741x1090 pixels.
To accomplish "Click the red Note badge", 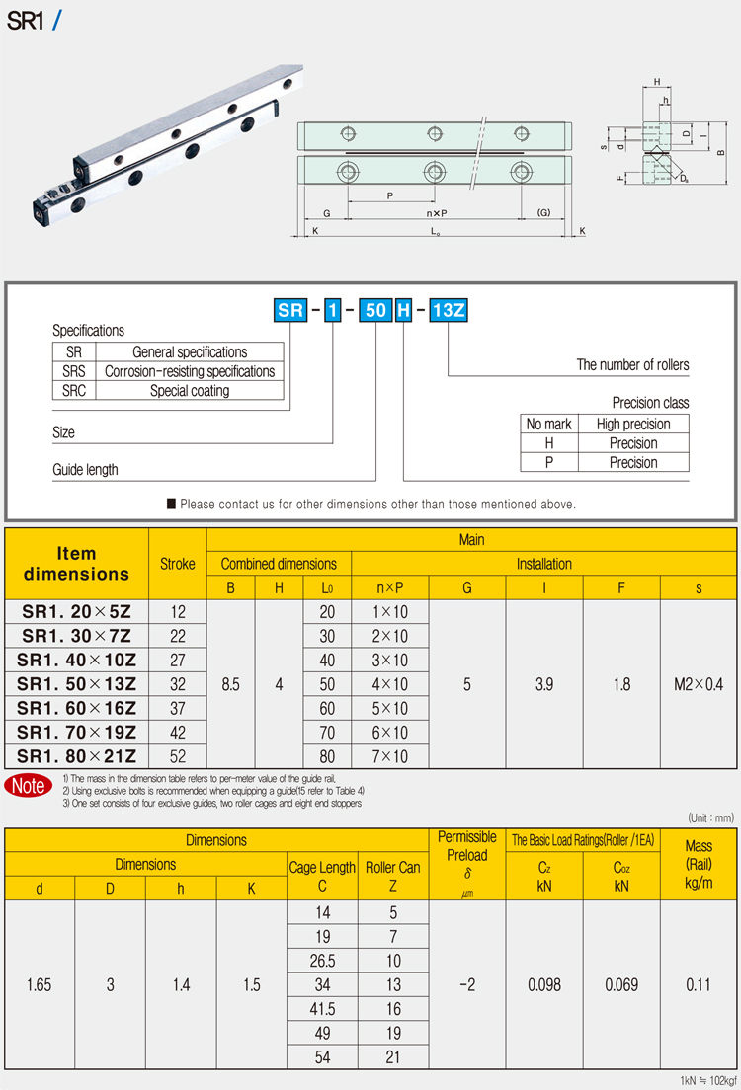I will coord(28,786).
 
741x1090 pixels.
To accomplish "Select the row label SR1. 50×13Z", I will coord(79,684).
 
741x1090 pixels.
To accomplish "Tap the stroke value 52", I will coord(177,756).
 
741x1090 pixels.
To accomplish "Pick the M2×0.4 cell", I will coord(699,684).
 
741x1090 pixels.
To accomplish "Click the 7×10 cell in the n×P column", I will coord(390,756).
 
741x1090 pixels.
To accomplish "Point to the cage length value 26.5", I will coord(322,961).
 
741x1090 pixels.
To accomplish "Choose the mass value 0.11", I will coord(699,984).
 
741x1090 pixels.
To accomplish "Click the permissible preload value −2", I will coord(467,984).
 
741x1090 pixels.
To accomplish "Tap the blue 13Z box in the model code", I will coord(448,311).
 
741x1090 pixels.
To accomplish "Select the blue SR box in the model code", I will coord(290,311).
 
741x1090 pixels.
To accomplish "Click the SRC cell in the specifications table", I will coord(74,390).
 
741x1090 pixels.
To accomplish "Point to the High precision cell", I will coord(633,424).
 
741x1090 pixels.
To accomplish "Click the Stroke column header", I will coord(178,564).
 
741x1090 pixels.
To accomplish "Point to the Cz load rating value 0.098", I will coord(544,984).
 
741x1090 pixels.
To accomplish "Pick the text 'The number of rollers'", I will coord(632,365).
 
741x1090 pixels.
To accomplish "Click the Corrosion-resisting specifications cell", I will coord(190,371).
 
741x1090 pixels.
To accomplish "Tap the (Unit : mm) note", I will coord(709,817).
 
